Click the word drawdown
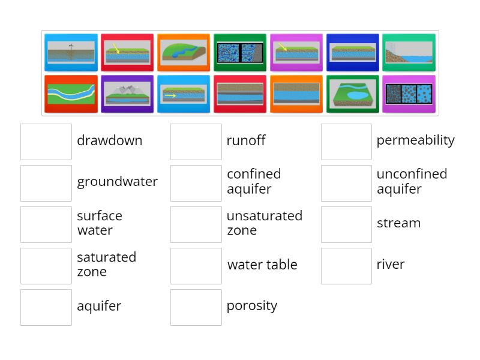(x=109, y=141)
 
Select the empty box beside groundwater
(x=46, y=183)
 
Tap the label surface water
(x=100, y=223)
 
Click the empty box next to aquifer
(x=46, y=307)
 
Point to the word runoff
(x=245, y=141)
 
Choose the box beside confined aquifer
(x=196, y=183)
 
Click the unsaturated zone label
(x=264, y=223)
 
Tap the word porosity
(x=251, y=306)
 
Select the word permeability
(x=415, y=140)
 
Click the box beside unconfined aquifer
(x=346, y=183)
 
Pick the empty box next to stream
(x=346, y=224)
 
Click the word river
(x=390, y=265)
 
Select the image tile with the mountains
(x=127, y=94)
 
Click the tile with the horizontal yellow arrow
(x=184, y=94)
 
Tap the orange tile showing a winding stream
(x=184, y=53)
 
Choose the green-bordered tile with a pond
(x=353, y=94)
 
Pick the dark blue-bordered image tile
(x=353, y=53)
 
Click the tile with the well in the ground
(x=71, y=53)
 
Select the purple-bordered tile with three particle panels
(x=409, y=94)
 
